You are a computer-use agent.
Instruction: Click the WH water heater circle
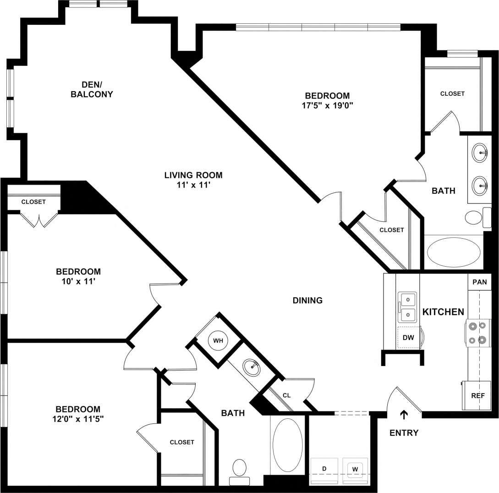click(x=218, y=341)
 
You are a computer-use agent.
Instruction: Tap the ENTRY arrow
click(x=404, y=415)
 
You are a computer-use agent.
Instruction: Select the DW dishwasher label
click(x=408, y=338)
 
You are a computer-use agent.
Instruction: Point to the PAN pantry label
click(x=479, y=282)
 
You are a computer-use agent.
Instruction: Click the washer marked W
click(x=355, y=469)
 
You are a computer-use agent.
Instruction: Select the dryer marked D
click(x=324, y=469)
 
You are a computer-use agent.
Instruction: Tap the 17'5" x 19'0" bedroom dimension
click(x=327, y=105)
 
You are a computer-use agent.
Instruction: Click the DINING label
click(x=308, y=301)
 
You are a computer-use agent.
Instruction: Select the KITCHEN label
click(x=443, y=312)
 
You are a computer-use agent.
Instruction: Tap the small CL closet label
click(x=286, y=395)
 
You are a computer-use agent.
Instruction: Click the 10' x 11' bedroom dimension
click(x=78, y=281)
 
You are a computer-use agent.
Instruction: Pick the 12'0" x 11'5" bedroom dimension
click(x=78, y=419)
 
